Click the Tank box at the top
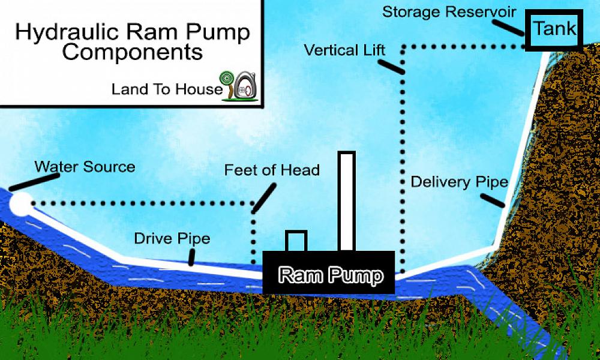point(555,29)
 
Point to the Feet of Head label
point(272,170)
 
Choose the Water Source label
point(85,166)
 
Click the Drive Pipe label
point(172,239)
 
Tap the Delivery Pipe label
point(460,182)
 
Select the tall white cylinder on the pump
point(347,201)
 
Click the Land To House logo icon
point(242,85)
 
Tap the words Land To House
point(166,90)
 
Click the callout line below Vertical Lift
point(393,64)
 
